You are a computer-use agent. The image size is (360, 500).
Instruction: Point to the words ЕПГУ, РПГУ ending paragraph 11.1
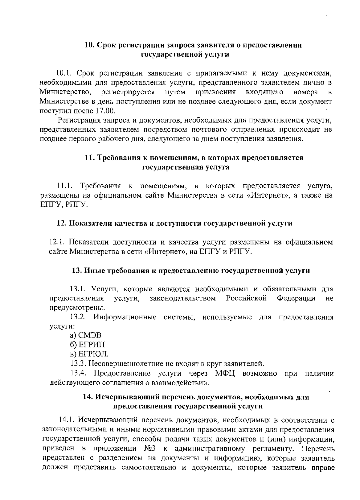point(64,205)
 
